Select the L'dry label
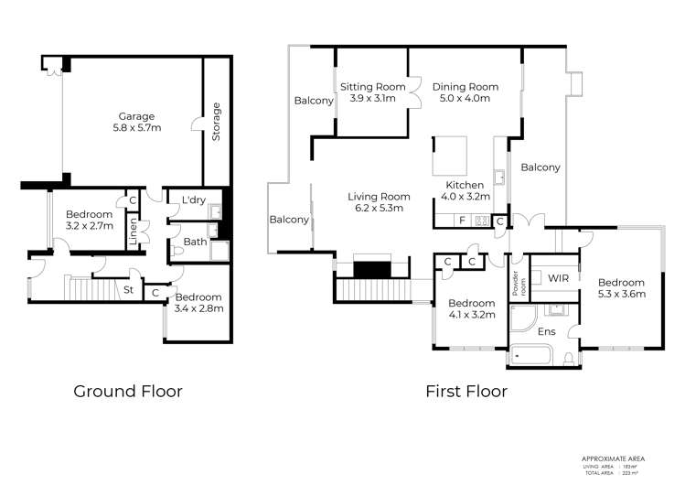point(193,200)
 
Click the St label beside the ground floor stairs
point(130,290)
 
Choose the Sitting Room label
point(368,92)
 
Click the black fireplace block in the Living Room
point(372,270)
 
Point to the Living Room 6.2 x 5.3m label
point(377,202)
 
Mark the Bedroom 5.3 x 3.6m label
point(622,288)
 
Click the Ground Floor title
point(128,392)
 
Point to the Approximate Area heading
point(618,457)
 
